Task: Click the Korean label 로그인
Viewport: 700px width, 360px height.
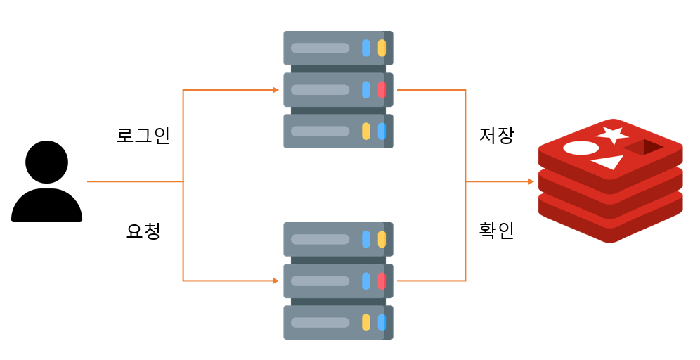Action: [x=143, y=135]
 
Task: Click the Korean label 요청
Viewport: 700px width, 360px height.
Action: [x=143, y=231]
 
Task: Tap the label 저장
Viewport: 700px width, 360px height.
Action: [x=496, y=135]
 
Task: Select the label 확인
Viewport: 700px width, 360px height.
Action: [x=496, y=231]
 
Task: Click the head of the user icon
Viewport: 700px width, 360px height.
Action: [x=46, y=162]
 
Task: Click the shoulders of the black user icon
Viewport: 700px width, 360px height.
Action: [x=46, y=207]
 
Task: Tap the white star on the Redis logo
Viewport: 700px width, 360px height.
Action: [x=611, y=135]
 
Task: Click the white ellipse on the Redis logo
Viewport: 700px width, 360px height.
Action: [x=581, y=148]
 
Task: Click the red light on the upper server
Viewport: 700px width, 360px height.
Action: [x=382, y=89]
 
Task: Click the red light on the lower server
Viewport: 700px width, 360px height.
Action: [x=382, y=281]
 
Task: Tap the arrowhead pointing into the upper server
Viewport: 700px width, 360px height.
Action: [x=276, y=90]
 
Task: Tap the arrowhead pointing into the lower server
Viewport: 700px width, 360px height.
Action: [x=276, y=281]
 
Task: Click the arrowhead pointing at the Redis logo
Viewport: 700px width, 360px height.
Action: [x=531, y=181]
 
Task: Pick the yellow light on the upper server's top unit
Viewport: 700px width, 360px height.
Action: [x=382, y=48]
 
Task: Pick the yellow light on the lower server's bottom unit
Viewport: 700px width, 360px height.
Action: [x=365, y=323]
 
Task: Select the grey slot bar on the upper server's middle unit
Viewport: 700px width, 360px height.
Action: [x=320, y=89]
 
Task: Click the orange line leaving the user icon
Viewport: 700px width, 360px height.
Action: [x=134, y=181]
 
